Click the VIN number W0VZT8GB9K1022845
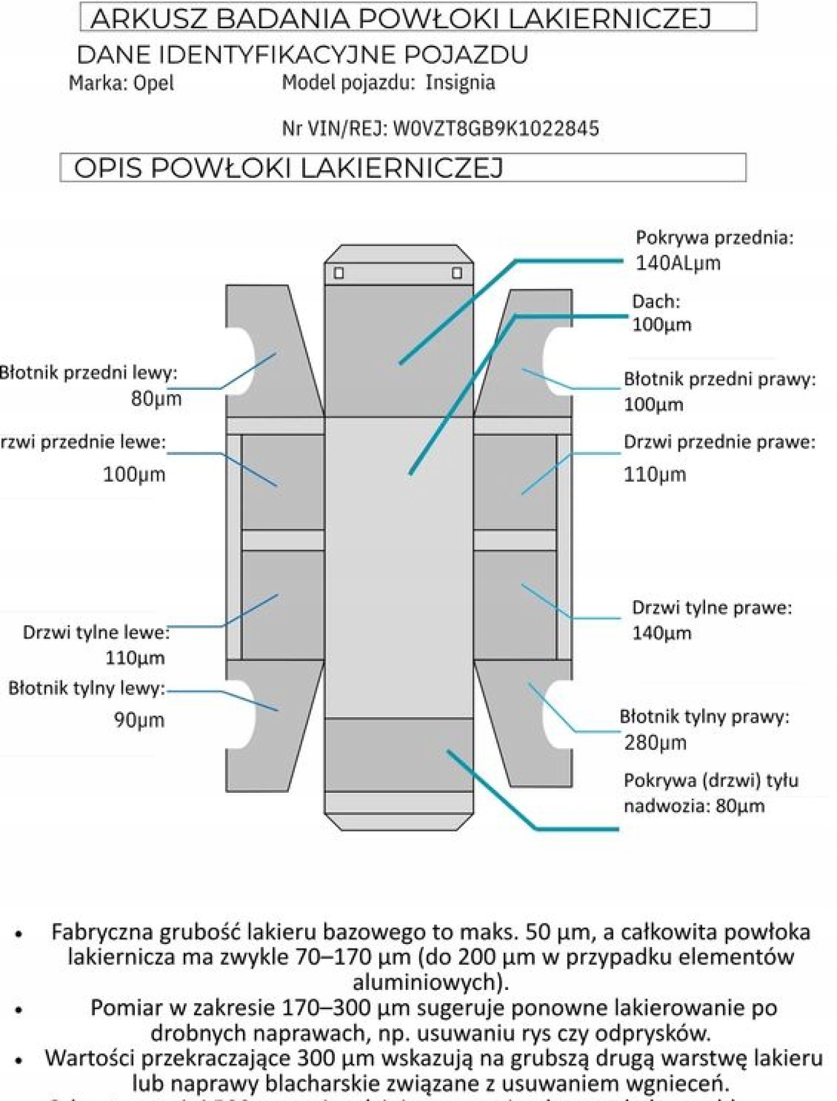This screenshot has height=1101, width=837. (x=496, y=128)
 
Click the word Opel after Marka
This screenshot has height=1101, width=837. (x=153, y=83)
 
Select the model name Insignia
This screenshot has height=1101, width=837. (x=460, y=83)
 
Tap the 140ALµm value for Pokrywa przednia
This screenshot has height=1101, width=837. (x=678, y=263)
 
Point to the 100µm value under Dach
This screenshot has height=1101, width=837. (x=661, y=325)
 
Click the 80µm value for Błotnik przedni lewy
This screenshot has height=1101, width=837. (x=156, y=399)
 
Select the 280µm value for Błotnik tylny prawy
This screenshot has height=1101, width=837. (x=655, y=743)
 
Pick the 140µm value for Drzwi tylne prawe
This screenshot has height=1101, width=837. (x=661, y=633)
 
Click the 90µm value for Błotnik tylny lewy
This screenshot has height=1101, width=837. (x=139, y=720)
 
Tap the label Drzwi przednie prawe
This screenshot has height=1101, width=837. (x=719, y=442)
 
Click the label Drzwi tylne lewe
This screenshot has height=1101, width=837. (x=95, y=632)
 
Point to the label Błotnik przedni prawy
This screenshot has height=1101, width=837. (x=719, y=379)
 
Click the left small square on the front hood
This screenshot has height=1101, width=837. (x=339, y=273)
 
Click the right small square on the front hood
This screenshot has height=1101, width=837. (x=457, y=273)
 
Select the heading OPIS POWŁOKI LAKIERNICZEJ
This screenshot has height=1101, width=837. (x=288, y=168)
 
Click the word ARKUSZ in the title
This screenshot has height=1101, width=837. (x=149, y=19)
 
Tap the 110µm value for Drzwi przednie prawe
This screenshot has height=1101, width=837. (x=654, y=475)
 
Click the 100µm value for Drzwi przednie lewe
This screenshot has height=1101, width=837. (x=134, y=475)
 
